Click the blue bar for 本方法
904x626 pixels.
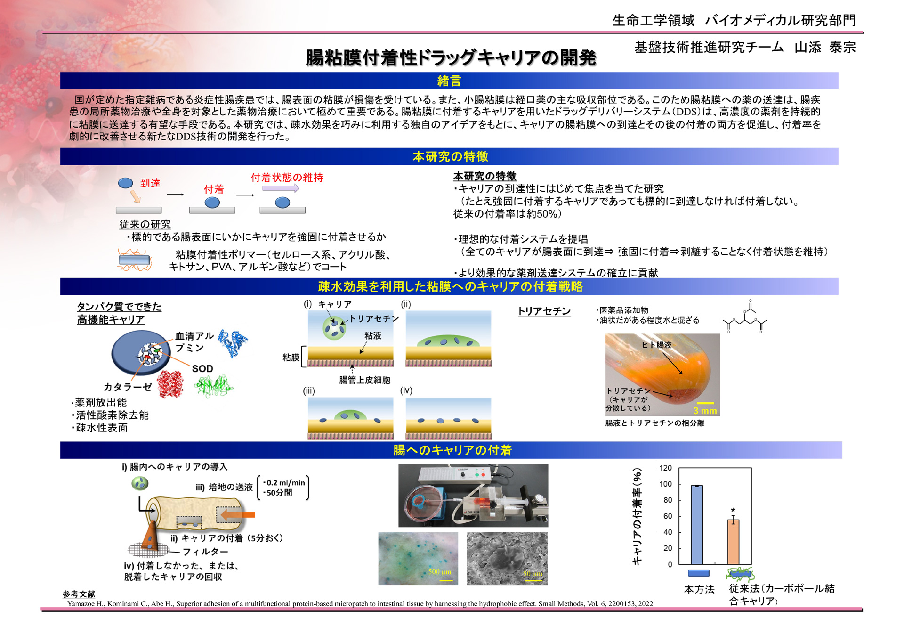pos(697,525)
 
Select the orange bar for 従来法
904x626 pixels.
pos(733,542)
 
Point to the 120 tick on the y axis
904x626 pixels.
pos(665,468)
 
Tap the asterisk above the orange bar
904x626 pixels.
pos(733,511)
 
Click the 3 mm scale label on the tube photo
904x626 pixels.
pos(705,411)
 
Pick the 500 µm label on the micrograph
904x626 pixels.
pos(440,571)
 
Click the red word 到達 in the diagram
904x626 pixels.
pos(150,183)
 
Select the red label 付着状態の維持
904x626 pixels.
pos(287,178)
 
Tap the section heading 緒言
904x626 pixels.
pos(449,81)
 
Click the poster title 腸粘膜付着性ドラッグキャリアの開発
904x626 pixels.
pos(451,58)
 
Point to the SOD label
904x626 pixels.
pos(202,368)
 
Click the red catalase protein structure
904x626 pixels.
pos(170,384)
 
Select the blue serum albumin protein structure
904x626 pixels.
pos(233,343)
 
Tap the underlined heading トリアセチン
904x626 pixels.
pos(544,311)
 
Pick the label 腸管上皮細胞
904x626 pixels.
pos(364,380)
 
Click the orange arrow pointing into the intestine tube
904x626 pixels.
pos(238,514)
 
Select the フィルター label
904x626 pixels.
pos(205,551)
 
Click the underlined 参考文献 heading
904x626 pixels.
pos(79,594)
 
